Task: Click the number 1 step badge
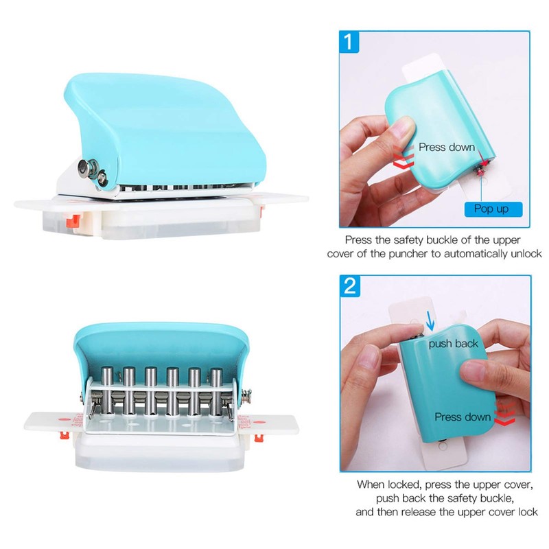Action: coord(349,44)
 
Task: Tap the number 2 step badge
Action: coord(349,285)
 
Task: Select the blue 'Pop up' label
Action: coord(491,208)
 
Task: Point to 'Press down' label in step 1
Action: coord(446,147)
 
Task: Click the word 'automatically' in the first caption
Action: coord(471,253)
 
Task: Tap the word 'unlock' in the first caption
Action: coord(526,253)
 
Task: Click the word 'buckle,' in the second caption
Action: coord(493,498)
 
